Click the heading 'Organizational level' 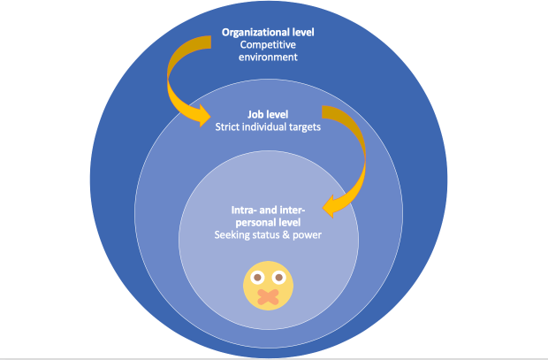coord(267,33)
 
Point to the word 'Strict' coord(229,126)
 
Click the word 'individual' coord(265,126)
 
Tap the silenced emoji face coord(268,286)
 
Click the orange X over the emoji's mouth coord(268,296)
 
